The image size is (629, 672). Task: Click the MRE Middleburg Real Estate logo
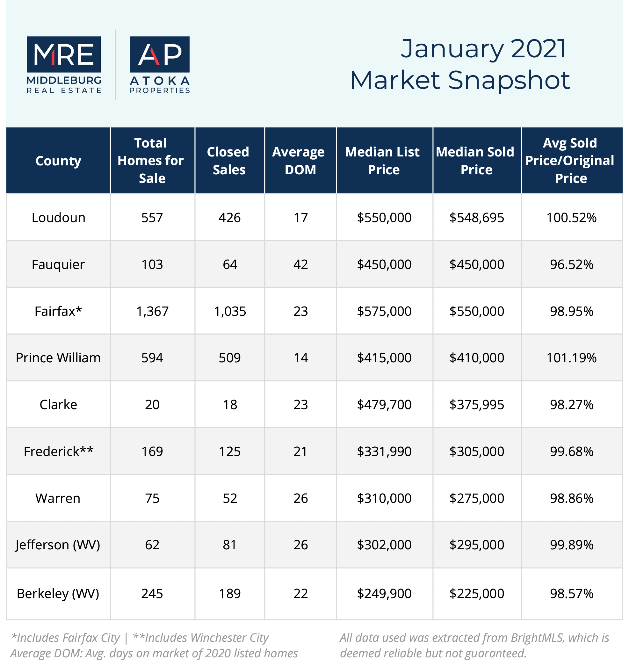tap(64, 65)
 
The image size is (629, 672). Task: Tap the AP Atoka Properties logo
tap(160, 65)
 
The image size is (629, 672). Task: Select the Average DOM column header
tap(300, 161)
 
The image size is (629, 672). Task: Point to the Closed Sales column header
tap(229, 161)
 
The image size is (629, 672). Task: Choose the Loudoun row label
tap(59, 217)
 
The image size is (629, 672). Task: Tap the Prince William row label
tap(58, 358)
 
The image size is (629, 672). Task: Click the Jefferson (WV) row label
tap(58, 545)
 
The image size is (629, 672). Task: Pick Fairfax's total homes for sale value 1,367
tap(152, 311)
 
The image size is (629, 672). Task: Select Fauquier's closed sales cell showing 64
tap(230, 264)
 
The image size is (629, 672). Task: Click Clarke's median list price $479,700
tap(384, 405)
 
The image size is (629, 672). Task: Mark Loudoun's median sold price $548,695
tap(477, 218)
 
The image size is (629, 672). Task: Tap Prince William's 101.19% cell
tap(572, 358)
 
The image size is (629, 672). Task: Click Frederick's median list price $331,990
tap(384, 452)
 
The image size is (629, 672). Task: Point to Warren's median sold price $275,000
tap(477, 498)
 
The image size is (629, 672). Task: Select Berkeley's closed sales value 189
tap(230, 594)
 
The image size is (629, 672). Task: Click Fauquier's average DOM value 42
tap(300, 264)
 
